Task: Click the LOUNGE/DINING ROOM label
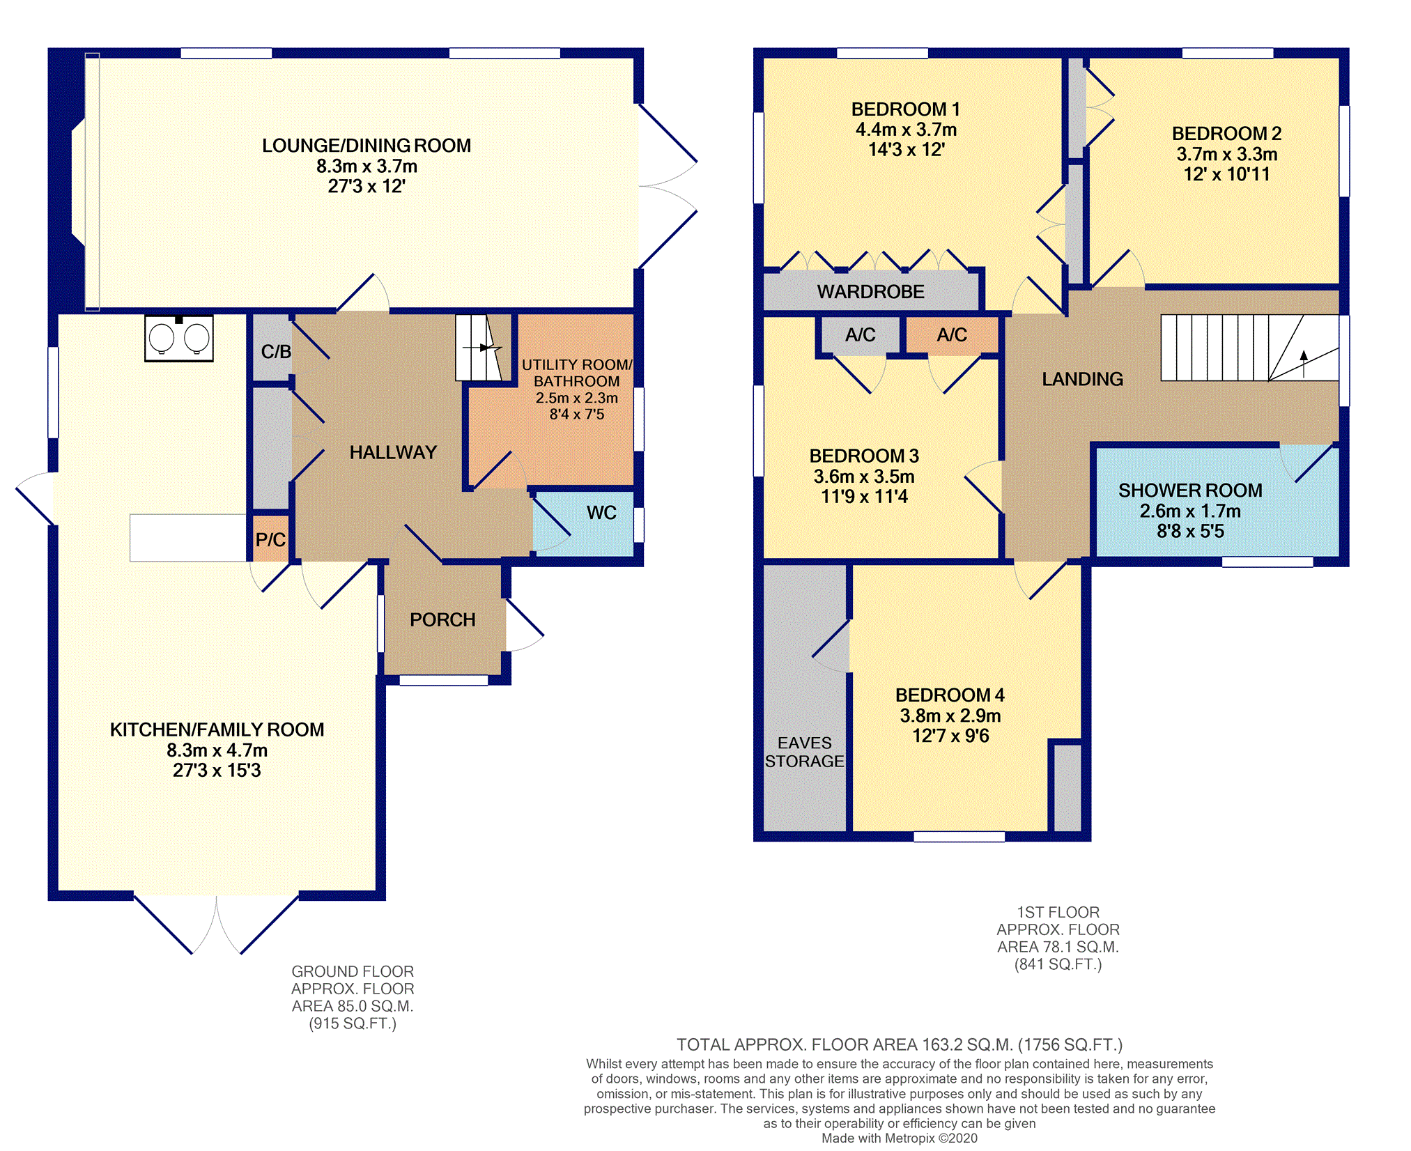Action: (x=367, y=146)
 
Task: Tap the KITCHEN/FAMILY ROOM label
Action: (x=217, y=729)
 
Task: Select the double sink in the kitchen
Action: (x=179, y=339)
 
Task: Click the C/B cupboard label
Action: (x=276, y=352)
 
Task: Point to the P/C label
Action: (x=270, y=539)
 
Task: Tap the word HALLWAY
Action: (x=393, y=452)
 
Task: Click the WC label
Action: (x=601, y=513)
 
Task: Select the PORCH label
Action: (x=442, y=619)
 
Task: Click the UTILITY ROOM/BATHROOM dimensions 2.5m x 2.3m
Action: (x=577, y=398)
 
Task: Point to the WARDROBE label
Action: (x=871, y=291)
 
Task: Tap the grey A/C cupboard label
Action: (x=861, y=335)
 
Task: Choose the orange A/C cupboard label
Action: (x=952, y=335)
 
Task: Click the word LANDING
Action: (x=1083, y=379)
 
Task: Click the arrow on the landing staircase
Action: (x=1304, y=364)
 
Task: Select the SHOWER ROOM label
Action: (x=1190, y=490)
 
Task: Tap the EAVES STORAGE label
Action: (x=805, y=752)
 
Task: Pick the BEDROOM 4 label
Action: (x=950, y=695)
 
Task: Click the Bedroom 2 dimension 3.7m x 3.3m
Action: (x=1227, y=154)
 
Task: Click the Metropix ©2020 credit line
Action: (x=900, y=1138)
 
